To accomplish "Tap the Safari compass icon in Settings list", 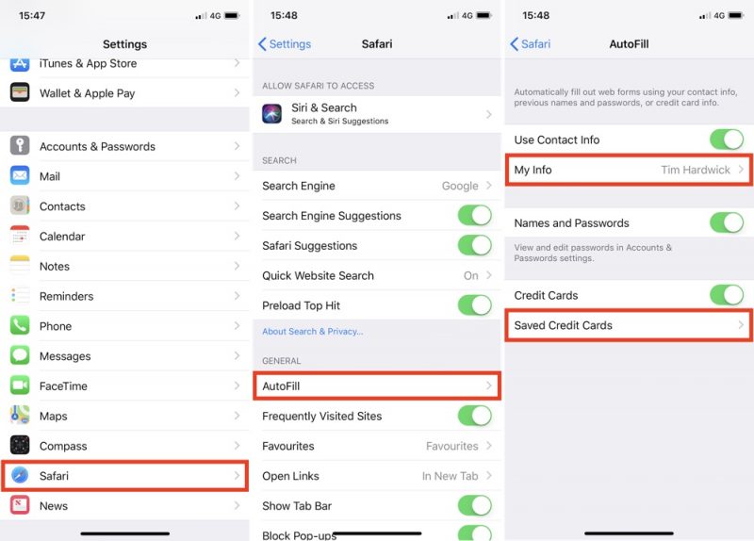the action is tap(20, 475).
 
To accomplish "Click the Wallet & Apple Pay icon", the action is tap(20, 92).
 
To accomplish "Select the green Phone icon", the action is tap(20, 325).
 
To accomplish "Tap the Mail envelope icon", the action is tap(20, 176).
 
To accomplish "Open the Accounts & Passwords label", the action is tap(97, 147).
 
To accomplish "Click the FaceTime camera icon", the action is tap(20, 385).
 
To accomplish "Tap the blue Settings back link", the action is tap(285, 44).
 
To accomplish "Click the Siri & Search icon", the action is tap(271, 114).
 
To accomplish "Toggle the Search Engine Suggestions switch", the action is tap(475, 216).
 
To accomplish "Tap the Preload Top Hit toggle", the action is tap(475, 304).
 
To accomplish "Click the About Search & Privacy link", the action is tap(313, 332).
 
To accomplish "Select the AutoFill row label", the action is tap(281, 386).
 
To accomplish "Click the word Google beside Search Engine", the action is tap(460, 186).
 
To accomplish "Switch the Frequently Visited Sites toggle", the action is tap(475, 416).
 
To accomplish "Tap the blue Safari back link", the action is tap(531, 44).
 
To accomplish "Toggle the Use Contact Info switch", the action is tap(727, 139).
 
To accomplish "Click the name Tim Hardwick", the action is tap(696, 170).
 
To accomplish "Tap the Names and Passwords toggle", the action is tap(727, 222).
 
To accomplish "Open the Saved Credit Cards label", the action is tap(563, 325).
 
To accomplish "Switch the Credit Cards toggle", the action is tap(727, 295).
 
